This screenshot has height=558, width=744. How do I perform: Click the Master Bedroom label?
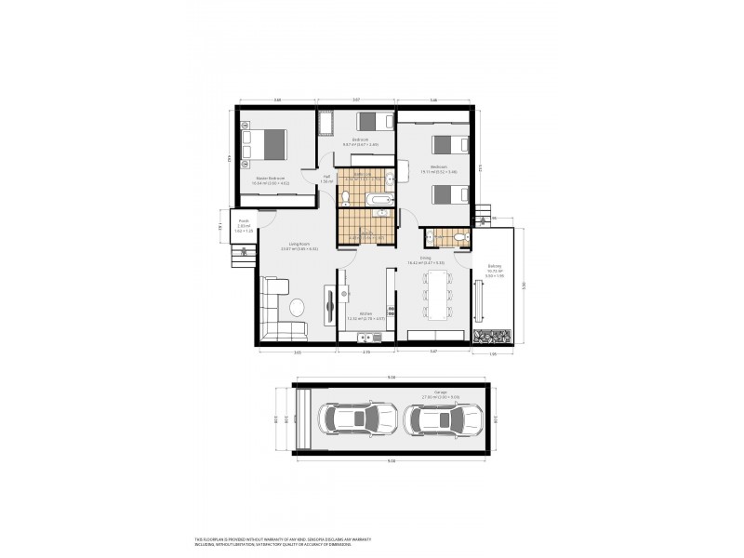click(x=270, y=179)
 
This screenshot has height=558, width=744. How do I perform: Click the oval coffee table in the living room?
click(x=297, y=307)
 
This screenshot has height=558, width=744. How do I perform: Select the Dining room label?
click(x=425, y=259)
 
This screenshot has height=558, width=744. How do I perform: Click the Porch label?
click(x=244, y=223)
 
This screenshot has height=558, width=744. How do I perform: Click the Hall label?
click(x=326, y=178)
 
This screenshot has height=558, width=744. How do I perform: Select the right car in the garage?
click(x=441, y=419)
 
